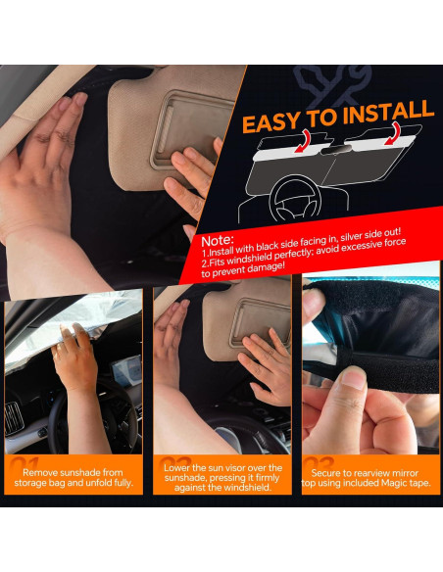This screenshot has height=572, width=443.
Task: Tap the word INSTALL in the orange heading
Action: tap(388, 111)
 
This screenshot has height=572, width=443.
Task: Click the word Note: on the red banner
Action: tap(218, 240)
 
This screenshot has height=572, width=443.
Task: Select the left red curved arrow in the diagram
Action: tap(304, 141)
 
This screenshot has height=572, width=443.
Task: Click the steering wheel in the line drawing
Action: tap(296, 199)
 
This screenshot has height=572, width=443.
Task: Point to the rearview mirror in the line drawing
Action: tap(335, 150)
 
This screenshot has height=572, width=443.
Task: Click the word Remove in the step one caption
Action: tap(39, 473)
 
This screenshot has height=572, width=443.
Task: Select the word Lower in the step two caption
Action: tap(175, 468)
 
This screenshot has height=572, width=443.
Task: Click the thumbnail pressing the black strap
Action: tap(353, 378)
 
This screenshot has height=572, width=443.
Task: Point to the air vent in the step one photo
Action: tap(14, 419)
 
